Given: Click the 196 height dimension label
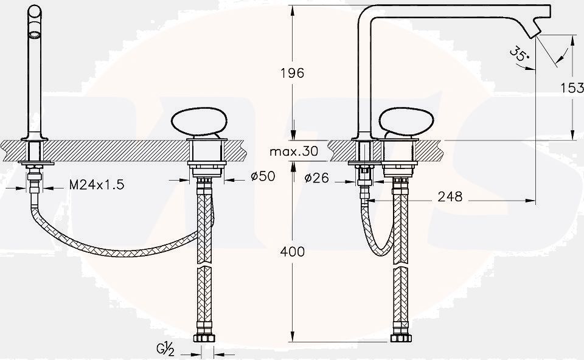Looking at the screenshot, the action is click(x=293, y=73).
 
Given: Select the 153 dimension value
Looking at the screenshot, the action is click(x=572, y=88).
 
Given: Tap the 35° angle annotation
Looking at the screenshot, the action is click(x=519, y=54).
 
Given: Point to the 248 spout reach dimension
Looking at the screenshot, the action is click(x=450, y=196).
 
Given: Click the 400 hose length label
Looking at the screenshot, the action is click(x=293, y=252).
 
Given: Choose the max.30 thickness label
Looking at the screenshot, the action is click(x=294, y=151).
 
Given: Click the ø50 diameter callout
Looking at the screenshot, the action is click(x=263, y=176).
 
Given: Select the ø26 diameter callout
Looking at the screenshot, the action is click(x=317, y=178).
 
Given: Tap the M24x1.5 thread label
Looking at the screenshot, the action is click(x=97, y=184).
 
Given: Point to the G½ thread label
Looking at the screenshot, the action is click(x=165, y=350).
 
